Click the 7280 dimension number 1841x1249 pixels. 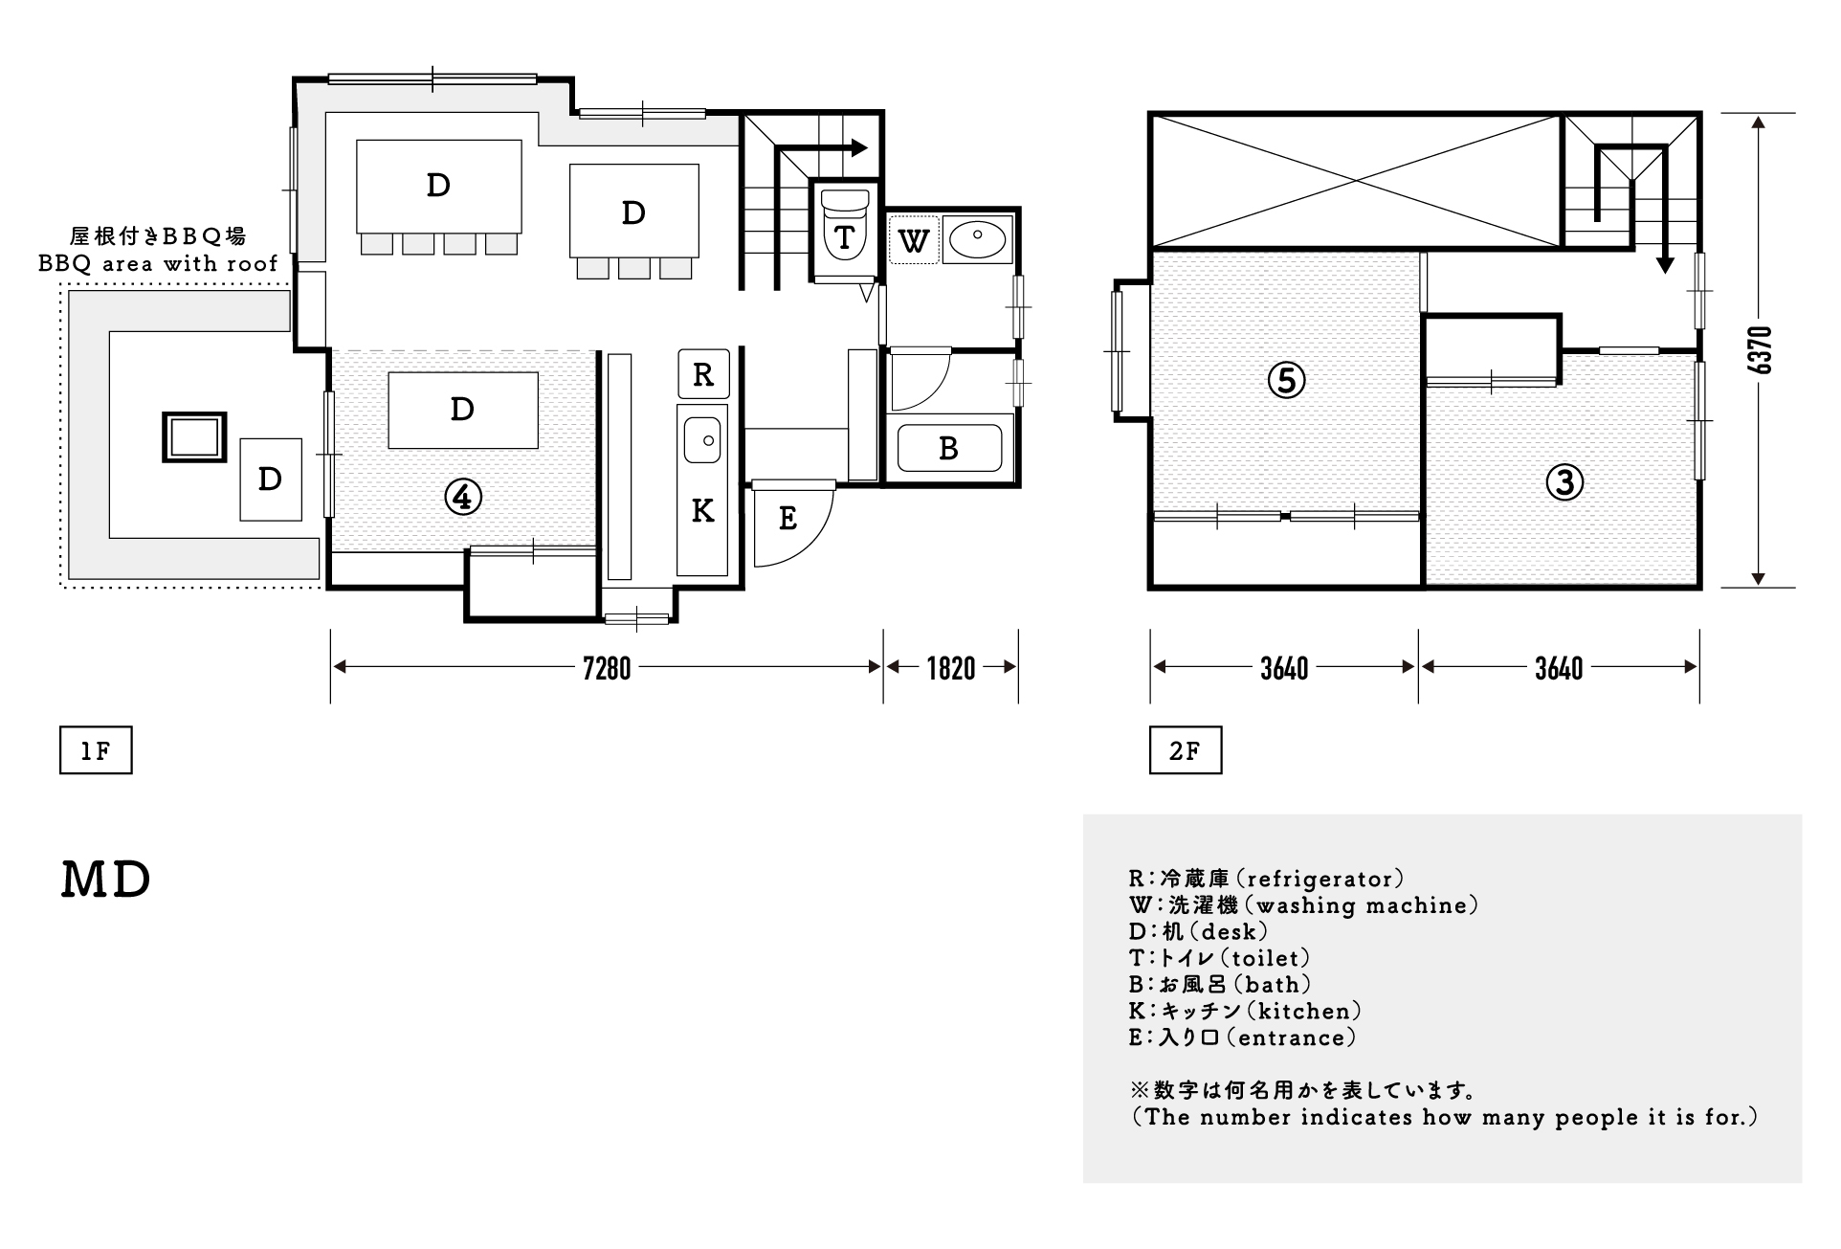tap(607, 668)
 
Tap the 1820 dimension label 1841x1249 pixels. tap(950, 668)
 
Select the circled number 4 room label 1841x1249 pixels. tap(463, 496)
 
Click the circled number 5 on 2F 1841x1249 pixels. tap(1286, 381)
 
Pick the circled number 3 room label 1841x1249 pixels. tap(1564, 482)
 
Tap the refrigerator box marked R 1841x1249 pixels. tap(703, 374)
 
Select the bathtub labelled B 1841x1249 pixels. tap(948, 448)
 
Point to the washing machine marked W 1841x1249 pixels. tap(914, 240)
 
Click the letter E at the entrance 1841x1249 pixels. tap(787, 519)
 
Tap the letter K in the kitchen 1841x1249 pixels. tap(703, 511)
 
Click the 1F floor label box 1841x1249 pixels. tap(96, 751)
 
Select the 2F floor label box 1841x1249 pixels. tap(1186, 751)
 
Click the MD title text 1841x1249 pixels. tap(106, 881)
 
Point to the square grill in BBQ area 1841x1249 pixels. tap(194, 438)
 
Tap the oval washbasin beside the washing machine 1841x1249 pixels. tap(977, 235)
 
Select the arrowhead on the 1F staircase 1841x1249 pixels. tap(859, 148)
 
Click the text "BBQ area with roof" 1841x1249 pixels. tap(159, 263)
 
